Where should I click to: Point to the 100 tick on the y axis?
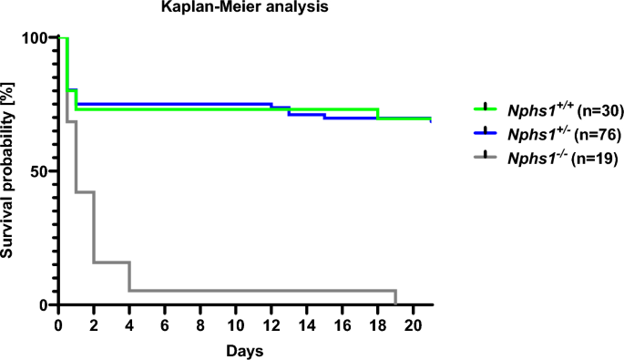(x=36, y=37)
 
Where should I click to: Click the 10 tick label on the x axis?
(x=236, y=324)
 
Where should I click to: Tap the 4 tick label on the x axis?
(x=129, y=324)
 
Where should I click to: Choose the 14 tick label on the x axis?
(x=307, y=324)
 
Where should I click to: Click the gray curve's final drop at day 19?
(x=396, y=298)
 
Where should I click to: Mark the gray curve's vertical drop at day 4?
(x=129, y=276)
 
